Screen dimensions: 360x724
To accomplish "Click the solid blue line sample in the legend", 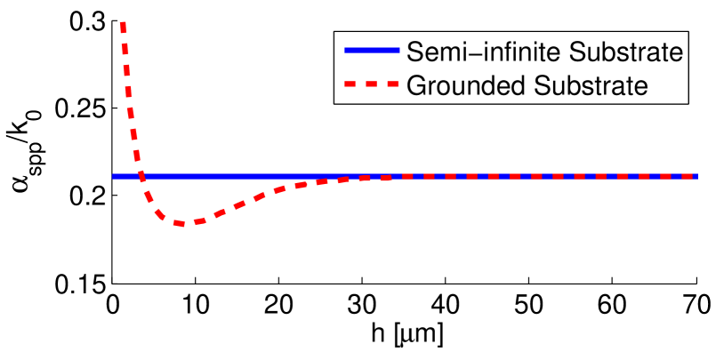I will [x=369, y=52].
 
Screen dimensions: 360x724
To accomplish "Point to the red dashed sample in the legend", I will [x=369, y=85].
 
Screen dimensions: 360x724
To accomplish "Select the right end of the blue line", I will [x=696, y=176].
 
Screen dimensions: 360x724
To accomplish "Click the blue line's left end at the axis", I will [x=114, y=176].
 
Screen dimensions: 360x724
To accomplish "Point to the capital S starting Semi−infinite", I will [x=414, y=52].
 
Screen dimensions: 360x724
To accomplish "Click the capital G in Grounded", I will [x=414, y=85].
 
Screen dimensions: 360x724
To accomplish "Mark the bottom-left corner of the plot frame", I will [x=113, y=282].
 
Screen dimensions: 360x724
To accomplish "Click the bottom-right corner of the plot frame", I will [x=696, y=282].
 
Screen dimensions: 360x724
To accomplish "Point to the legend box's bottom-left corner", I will [x=335, y=103].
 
